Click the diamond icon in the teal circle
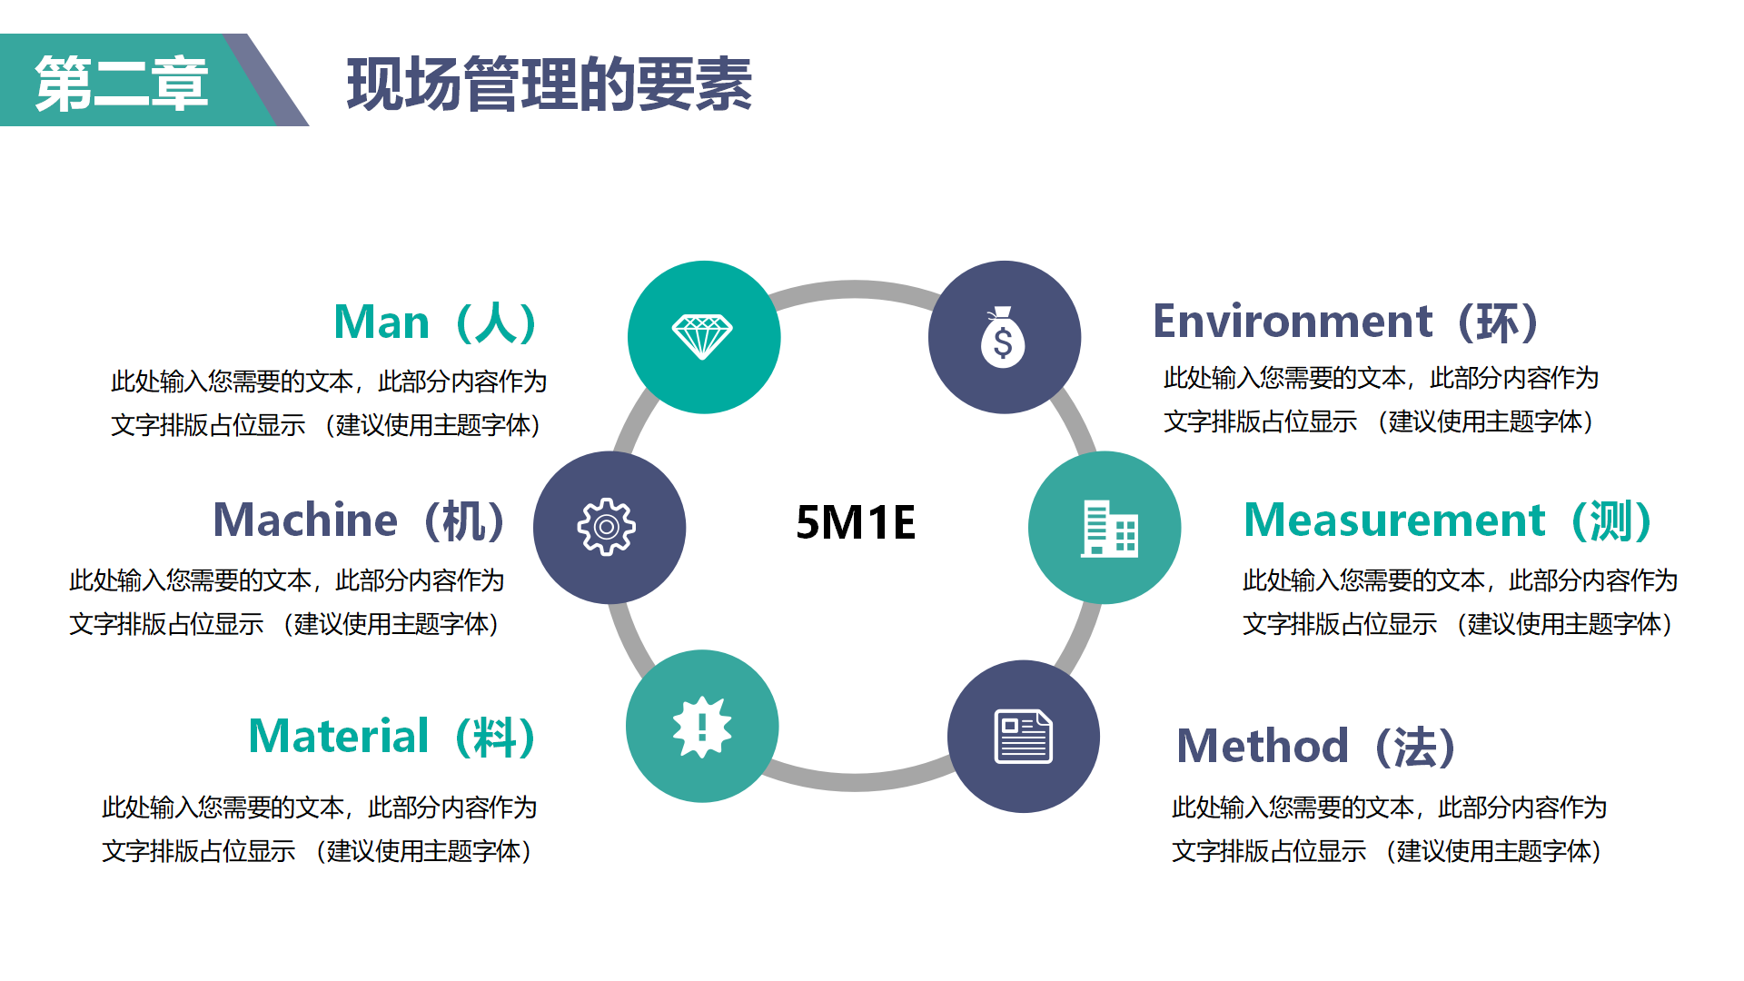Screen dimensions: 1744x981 702,337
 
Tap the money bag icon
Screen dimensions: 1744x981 1003,337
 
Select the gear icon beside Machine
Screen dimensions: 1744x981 607,527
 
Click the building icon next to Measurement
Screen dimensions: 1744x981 1109,528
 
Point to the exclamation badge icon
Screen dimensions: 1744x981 702,727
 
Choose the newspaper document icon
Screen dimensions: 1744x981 1024,736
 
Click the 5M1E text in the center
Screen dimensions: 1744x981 856,523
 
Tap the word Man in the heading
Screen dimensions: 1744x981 381,322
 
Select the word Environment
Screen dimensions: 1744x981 1293,322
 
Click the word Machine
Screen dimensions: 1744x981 305,520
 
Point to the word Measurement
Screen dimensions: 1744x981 1394,520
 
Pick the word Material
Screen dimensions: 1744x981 339,736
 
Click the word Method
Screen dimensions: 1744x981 1263,746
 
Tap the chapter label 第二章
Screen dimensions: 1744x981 122,84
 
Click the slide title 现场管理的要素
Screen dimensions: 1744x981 550,84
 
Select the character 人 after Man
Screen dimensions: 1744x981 497,322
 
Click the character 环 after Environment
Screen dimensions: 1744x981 1499,322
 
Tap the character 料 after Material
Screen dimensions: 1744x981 496,737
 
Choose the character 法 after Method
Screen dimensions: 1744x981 1416,747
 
